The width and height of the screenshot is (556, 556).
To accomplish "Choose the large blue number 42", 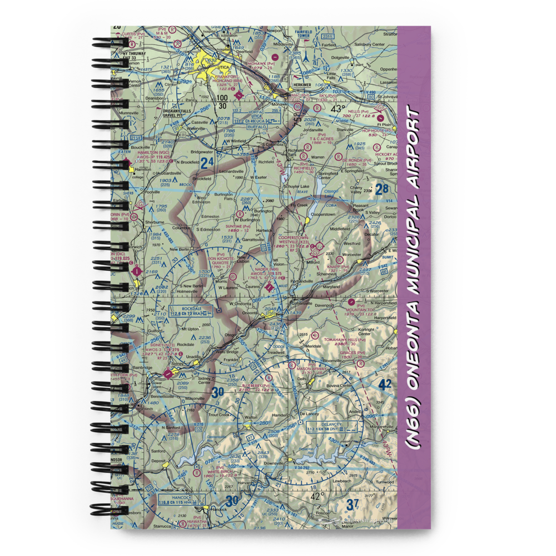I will click(x=385, y=384).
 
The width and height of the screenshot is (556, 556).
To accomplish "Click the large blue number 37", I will click(x=353, y=504).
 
